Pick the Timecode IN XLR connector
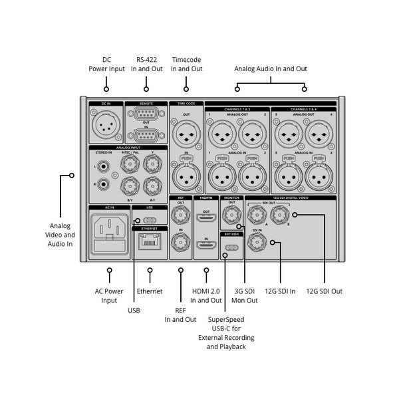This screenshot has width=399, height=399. pyautogui.click(x=186, y=176)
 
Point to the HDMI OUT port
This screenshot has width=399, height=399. pyautogui.click(x=206, y=218)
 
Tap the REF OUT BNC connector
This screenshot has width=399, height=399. pyautogui.click(x=180, y=215)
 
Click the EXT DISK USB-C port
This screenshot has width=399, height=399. pyautogui.click(x=231, y=249)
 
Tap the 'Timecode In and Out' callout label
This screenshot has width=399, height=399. pyautogui.click(x=186, y=65)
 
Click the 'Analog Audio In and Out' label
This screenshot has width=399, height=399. pyautogui.click(x=271, y=68)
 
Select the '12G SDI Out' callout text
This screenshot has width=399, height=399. pyautogui.click(x=325, y=291)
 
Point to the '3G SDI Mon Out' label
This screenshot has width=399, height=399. pyautogui.click(x=245, y=296)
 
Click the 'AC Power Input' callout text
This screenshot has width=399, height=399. pyautogui.click(x=109, y=296)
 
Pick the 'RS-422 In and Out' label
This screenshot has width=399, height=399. pyautogui.click(x=146, y=65)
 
